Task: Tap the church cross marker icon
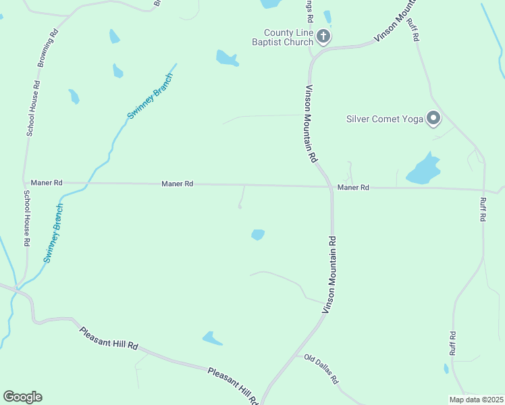click(x=324, y=36)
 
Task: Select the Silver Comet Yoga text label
click(x=384, y=119)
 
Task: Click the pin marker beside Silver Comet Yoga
click(x=433, y=119)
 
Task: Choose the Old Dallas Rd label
click(x=321, y=369)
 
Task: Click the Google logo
click(x=22, y=397)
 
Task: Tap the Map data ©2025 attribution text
click(x=476, y=400)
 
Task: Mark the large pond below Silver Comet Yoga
click(x=423, y=169)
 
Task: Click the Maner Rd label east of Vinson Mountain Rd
click(x=353, y=187)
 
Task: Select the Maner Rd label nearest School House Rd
click(x=47, y=182)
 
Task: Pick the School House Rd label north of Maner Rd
click(x=33, y=109)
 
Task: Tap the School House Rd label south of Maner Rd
click(x=26, y=217)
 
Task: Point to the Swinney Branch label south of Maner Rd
click(x=53, y=233)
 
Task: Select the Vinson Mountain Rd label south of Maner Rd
click(x=329, y=274)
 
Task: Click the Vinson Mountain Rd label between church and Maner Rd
click(x=311, y=124)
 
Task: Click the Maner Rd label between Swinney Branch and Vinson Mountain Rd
click(x=178, y=184)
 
